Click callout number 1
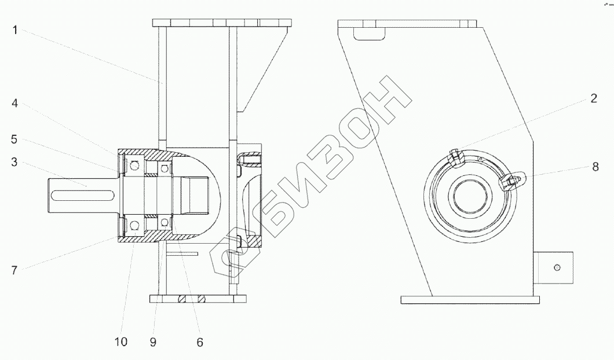click(15, 30)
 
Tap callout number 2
click(594, 98)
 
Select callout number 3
click(14, 162)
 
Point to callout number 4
click(14, 103)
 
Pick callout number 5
click(14, 139)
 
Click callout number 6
click(200, 343)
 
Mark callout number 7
click(14, 270)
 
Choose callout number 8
click(595, 167)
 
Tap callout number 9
click(153, 342)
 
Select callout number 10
click(121, 341)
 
